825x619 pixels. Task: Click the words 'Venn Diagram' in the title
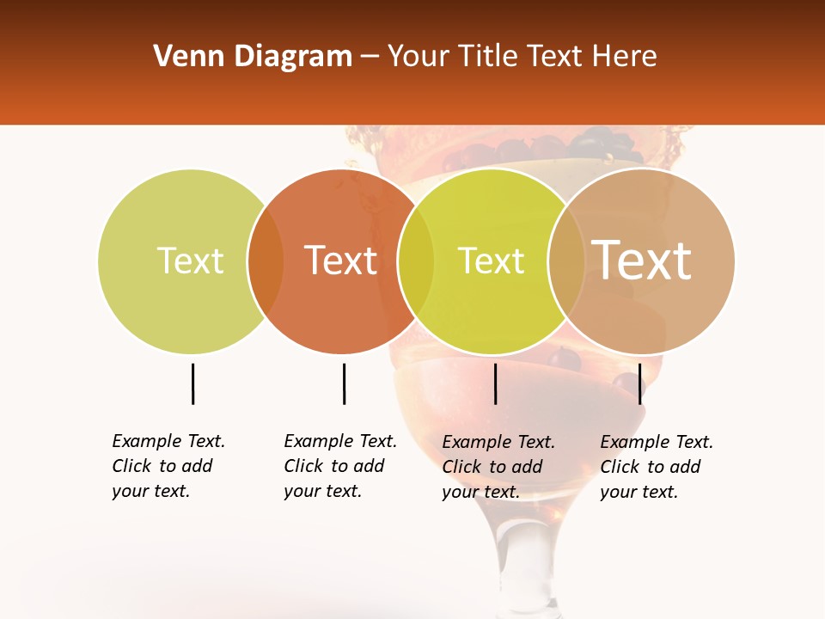coord(252,57)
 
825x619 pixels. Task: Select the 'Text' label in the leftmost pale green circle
coord(190,260)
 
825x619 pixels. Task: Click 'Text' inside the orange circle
coord(341,260)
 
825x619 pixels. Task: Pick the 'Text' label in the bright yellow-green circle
coord(491,260)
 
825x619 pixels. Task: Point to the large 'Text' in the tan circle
coord(642,260)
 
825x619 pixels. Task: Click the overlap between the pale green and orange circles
coord(266,261)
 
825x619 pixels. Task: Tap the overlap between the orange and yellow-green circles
coord(416,261)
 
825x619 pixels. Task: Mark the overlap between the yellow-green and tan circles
coord(566,261)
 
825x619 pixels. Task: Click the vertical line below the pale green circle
coord(192,383)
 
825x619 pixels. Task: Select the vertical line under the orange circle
coord(344,383)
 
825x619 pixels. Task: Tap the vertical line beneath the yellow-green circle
coord(495,383)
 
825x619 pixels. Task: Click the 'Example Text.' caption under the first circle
coord(168,441)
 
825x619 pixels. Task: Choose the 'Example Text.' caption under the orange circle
coord(340,441)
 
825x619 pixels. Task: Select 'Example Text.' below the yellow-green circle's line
coord(498,442)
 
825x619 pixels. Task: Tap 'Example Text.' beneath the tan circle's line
coord(657,442)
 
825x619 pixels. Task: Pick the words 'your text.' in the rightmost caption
coord(639,492)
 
